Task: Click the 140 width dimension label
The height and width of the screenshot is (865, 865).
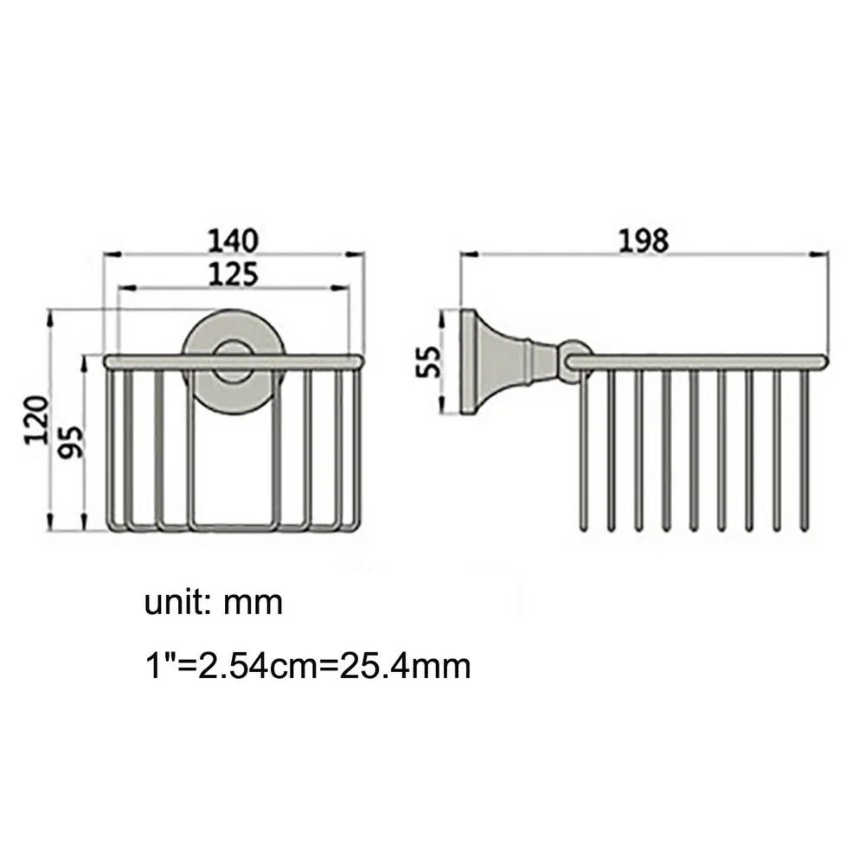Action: coord(232,240)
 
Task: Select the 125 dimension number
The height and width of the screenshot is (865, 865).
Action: coord(233,274)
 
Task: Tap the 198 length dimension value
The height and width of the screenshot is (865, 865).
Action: coord(644,240)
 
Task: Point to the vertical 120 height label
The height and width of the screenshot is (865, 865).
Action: coord(36,420)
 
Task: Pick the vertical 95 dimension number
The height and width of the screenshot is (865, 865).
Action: coord(71,442)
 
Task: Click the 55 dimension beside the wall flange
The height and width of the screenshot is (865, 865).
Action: coord(429,362)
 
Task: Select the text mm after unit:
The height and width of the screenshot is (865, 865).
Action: coord(253,604)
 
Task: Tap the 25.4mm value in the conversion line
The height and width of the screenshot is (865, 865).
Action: coord(405,666)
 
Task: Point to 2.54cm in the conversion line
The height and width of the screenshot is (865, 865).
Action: coord(258,666)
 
